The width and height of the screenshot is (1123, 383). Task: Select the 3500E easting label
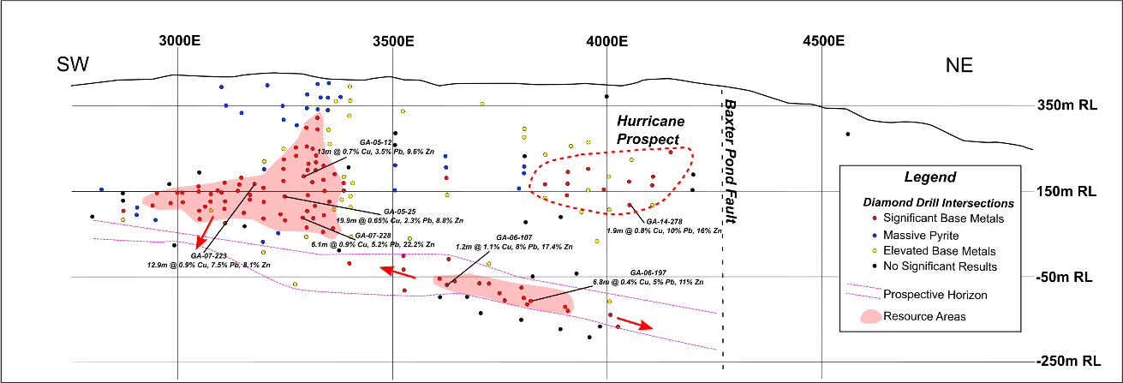[x=393, y=40]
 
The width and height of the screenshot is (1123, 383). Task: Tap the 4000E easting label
[x=606, y=40]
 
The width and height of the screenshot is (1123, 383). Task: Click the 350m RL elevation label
[x=1064, y=106]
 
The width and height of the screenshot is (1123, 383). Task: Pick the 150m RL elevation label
[x=1064, y=191]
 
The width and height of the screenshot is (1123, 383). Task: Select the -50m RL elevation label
[x=1064, y=278]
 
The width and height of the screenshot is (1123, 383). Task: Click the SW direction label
[x=75, y=66]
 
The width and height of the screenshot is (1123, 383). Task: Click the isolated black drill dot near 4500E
[x=847, y=134]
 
